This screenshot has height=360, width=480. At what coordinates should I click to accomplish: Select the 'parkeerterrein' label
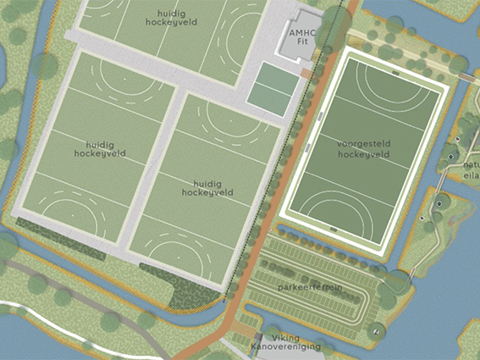pyautogui.click(x=309, y=288)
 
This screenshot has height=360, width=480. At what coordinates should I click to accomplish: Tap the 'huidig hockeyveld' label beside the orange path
pyautogui.click(x=207, y=187)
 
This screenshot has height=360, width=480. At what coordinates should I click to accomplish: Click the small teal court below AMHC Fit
pyautogui.click(x=273, y=85)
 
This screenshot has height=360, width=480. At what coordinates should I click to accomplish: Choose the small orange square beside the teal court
pyautogui.click(x=303, y=75)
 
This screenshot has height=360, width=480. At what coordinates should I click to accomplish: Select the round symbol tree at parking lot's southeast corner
pyautogui.click(x=375, y=332)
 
